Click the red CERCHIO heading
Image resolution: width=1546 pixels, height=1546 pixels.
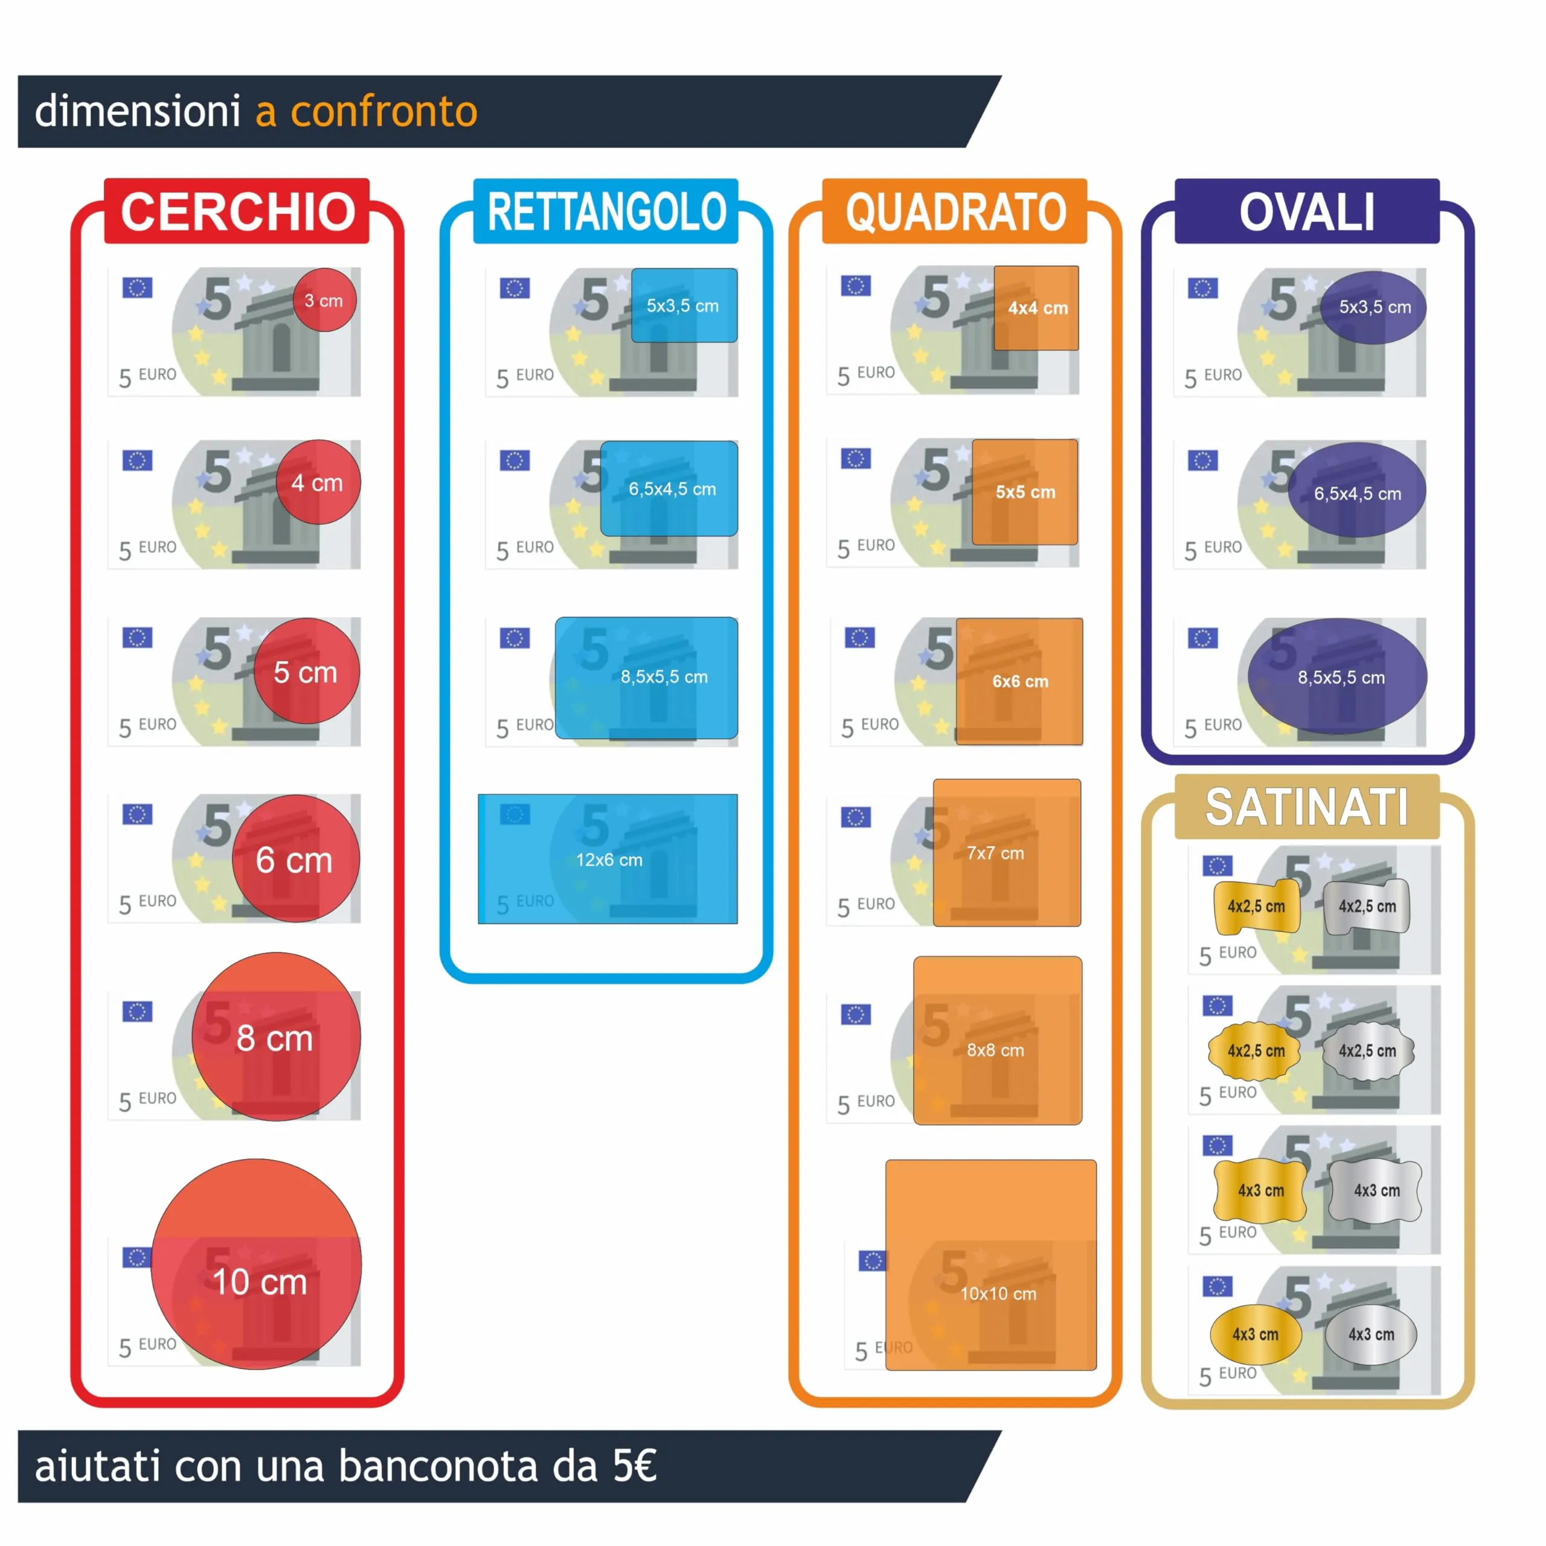[x=237, y=211]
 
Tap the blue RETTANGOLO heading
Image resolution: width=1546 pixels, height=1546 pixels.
[x=606, y=211]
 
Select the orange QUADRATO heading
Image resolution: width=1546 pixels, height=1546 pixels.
[x=955, y=211]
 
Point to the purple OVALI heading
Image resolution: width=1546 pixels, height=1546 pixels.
[x=1307, y=211]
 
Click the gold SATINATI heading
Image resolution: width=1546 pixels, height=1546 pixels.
[x=1307, y=807]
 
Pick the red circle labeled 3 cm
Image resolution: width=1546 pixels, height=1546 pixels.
[x=324, y=300]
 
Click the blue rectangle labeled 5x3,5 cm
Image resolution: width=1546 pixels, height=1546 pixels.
[x=684, y=305]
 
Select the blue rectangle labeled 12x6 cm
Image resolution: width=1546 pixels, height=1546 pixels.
[x=608, y=859]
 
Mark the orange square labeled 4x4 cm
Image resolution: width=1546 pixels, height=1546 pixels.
[x=1036, y=308]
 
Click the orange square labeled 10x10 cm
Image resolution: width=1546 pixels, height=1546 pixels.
[x=990, y=1265]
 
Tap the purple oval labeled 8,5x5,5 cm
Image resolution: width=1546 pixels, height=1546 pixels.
[x=1337, y=676]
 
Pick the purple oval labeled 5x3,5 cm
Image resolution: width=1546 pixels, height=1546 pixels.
[x=1372, y=307]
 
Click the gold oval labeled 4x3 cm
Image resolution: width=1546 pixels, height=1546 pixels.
[x=1255, y=1334]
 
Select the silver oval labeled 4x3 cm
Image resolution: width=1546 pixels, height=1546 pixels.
[x=1371, y=1334]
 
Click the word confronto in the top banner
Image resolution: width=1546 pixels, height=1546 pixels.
[x=384, y=111]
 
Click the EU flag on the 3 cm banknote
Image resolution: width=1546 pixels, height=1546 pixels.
[x=138, y=287]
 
